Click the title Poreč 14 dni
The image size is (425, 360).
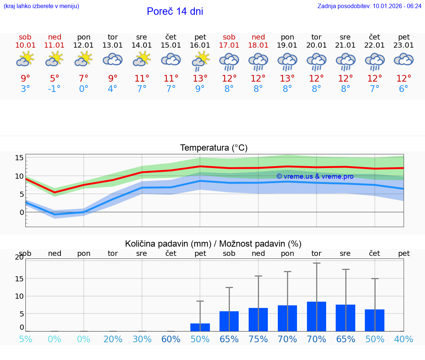tap(175, 11)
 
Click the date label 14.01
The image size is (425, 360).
tap(142, 45)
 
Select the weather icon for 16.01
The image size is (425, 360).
tap(200, 61)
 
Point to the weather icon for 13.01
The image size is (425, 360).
tap(113, 59)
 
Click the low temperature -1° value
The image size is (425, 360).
tap(54, 89)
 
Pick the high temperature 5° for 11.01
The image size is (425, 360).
tap(54, 79)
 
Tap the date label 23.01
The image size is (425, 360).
tap(404, 45)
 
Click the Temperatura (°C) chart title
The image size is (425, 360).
tap(214, 148)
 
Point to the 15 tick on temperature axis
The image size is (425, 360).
tap(19, 158)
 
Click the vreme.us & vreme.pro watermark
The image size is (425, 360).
tap(315, 176)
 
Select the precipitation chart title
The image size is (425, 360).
tap(213, 244)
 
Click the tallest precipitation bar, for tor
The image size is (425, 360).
tap(317, 316)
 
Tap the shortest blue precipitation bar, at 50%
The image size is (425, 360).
tap(200, 327)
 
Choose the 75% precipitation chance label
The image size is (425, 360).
tap(258, 339)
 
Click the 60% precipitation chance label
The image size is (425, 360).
tap(171, 339)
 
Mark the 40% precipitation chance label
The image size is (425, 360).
tap(404, 339)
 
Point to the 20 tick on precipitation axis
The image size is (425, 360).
tap(19, 257)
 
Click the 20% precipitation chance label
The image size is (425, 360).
tap(113, 339)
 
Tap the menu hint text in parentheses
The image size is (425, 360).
tap(41, 6)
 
